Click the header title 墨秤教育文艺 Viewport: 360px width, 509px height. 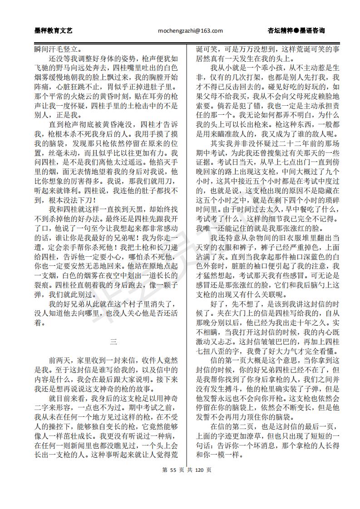pos(54,31)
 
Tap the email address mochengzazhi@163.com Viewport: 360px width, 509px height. pos(190,31)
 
